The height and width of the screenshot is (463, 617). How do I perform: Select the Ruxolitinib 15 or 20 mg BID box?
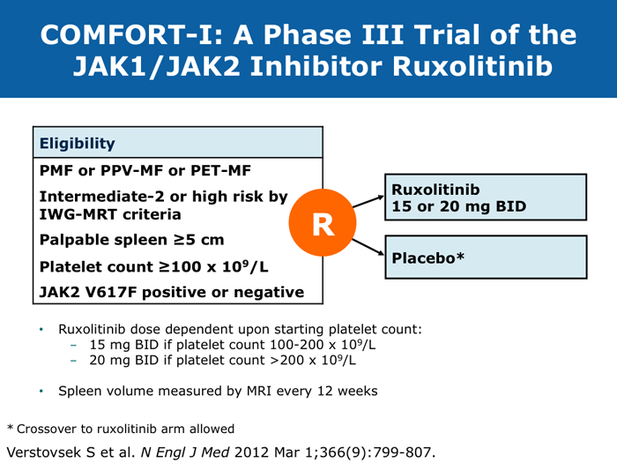[485, 198]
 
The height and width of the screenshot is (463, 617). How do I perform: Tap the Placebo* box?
[485, 257]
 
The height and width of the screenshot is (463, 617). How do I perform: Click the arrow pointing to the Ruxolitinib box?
[367, 203]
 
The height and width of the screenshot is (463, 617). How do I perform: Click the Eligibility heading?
[77, 143]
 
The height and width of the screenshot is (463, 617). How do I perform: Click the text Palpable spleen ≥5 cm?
[130, 240]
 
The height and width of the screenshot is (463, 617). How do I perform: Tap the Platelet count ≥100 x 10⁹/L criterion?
[146, 265]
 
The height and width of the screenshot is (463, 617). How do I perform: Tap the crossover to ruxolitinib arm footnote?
[121, 429]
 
